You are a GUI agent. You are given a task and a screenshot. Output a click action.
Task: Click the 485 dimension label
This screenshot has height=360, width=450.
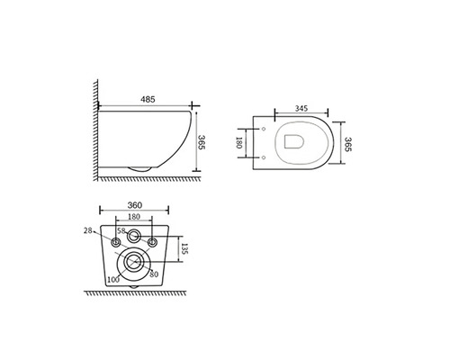(x=148, y=99)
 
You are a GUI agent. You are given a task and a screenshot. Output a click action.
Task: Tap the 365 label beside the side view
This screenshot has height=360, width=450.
(x=202, y=142)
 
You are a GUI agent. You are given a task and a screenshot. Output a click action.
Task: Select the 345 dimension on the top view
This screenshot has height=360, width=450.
(x=301, y=109)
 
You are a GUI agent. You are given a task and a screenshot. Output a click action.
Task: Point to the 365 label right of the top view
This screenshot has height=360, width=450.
(x=347, y=144)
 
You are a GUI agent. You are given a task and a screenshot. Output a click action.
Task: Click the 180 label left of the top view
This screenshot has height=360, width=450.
(x=239, y=143)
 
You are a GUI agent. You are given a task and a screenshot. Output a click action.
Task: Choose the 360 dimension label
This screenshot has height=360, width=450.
(x=135, y=205)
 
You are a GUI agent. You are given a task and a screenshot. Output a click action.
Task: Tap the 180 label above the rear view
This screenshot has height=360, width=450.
(x=134, y=216)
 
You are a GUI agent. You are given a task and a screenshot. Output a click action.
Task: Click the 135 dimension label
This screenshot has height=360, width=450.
(x=184, y=248)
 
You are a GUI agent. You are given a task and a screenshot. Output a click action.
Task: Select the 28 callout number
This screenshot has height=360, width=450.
(x=88, y=230)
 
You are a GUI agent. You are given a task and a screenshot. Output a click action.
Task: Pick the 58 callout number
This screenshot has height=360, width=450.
(x=121, y=230)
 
